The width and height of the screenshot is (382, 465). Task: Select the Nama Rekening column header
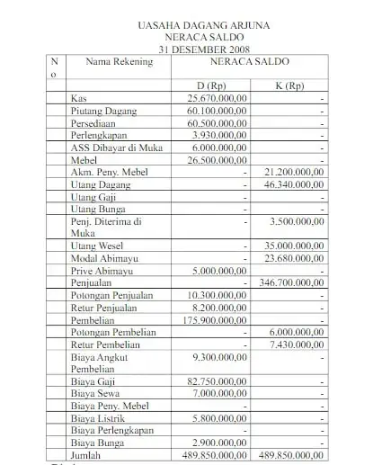116,62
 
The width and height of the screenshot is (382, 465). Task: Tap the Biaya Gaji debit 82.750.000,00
217,381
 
